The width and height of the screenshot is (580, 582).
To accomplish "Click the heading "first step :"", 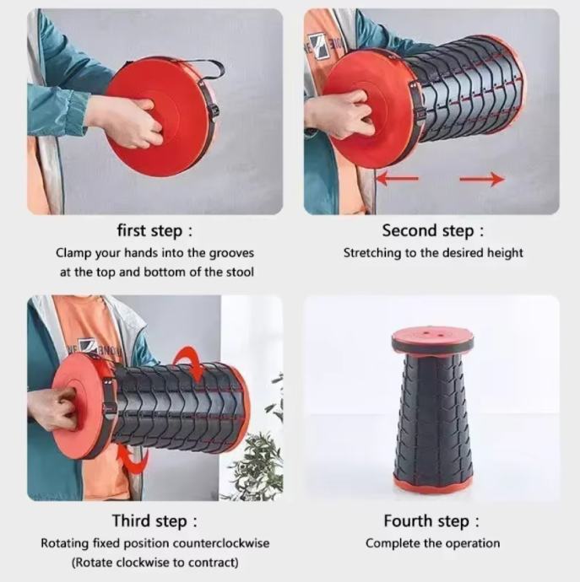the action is (155, 230).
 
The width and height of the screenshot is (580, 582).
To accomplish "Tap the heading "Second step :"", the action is (433, 230).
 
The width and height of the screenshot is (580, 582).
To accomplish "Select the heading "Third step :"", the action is (155, 520).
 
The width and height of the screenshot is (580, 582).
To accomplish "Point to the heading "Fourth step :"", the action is (431, 520).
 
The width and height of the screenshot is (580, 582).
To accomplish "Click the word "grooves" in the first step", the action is (231, 254).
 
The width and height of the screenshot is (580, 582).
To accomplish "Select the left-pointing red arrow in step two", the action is (398, 179).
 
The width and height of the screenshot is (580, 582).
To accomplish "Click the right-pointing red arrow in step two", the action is (482, 180).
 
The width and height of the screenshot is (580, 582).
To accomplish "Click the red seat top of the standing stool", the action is (432, 335).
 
